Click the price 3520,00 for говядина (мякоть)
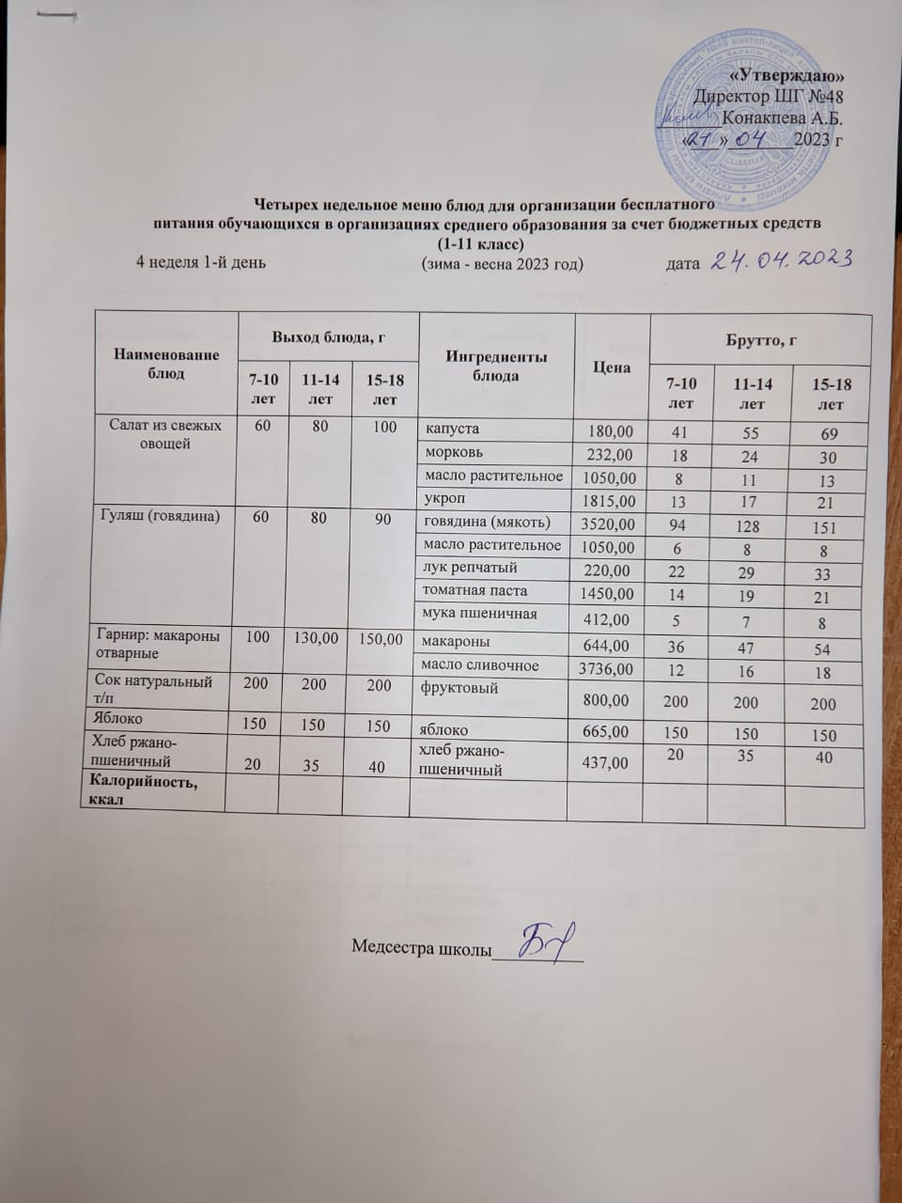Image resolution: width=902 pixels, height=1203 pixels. [x=607, y=523]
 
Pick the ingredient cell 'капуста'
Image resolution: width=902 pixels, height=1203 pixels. [x=453, y=429]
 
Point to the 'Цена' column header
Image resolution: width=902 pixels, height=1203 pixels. [x=611, y=367]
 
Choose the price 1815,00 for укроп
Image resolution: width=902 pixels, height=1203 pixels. [x=607, y=501]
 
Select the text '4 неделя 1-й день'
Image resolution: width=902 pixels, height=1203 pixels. [x=201, y=262]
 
